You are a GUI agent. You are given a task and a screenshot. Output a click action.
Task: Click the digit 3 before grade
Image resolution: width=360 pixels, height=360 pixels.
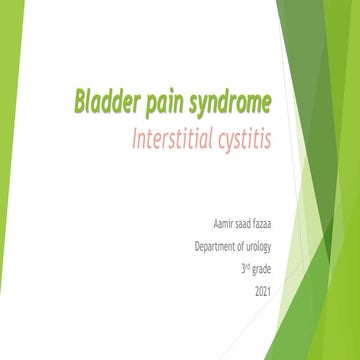pos(242,269)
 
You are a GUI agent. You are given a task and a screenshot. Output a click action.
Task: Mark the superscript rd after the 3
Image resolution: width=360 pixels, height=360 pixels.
pos(248,266)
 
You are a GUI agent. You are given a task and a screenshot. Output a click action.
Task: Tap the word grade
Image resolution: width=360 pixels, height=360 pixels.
pos(264,270)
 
